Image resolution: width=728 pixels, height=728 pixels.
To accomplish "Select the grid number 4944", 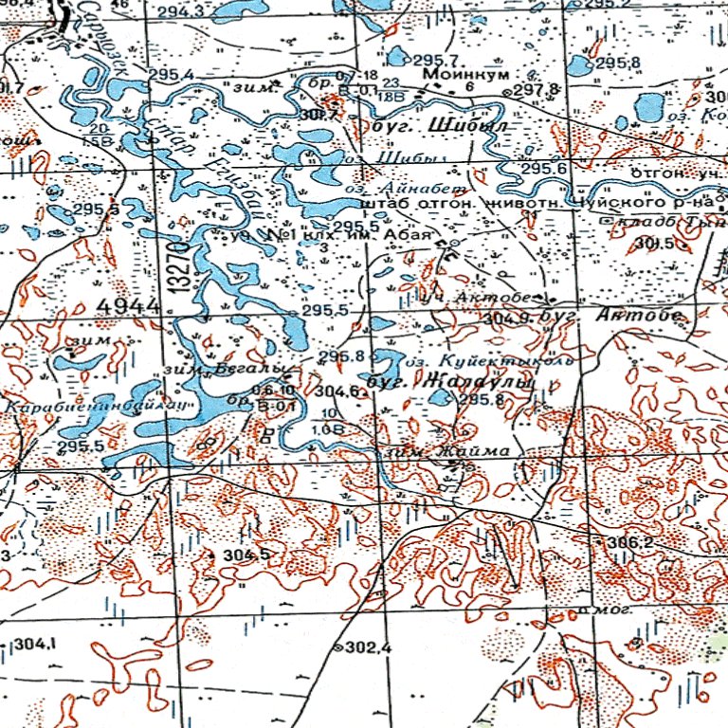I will [126, 304].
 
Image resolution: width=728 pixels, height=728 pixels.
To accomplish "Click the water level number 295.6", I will [544, 168].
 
